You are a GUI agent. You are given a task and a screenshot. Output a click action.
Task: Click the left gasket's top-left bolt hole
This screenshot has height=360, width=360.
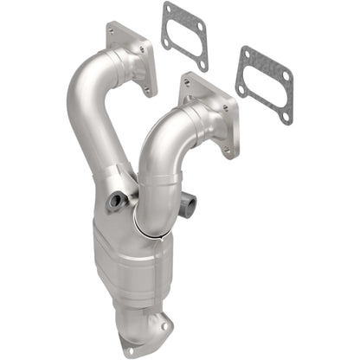point(168,12)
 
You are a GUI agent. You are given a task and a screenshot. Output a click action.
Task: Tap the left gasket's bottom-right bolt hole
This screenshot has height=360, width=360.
point(202,63)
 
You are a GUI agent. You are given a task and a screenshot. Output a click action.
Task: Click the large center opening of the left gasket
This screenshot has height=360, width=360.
point(184,37)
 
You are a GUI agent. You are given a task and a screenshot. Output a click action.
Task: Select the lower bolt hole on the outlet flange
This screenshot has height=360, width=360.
point(130,351)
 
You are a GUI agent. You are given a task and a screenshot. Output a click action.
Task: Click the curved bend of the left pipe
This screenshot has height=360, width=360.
point(82,95)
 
